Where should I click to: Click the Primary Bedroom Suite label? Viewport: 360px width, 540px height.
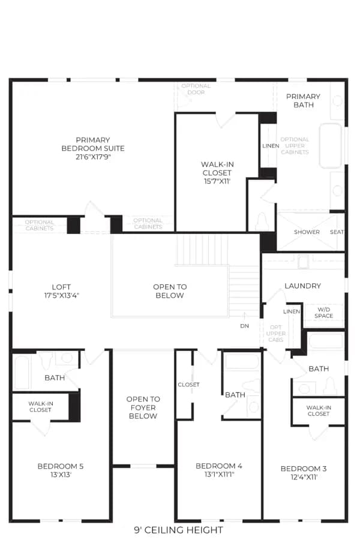93,144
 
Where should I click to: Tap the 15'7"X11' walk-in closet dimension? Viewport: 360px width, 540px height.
217,181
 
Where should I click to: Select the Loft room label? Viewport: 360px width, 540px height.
61,287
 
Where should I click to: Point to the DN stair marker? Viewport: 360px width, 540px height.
245,326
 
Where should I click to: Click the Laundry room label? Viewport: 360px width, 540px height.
303,286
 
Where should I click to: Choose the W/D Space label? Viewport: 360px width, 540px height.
324,313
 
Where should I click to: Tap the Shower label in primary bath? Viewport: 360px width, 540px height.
307,232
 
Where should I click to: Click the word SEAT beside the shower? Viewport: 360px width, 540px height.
337,232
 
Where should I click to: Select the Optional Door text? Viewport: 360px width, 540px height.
196,89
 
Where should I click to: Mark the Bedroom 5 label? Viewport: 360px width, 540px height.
61,466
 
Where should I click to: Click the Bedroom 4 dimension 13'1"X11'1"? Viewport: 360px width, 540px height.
219,474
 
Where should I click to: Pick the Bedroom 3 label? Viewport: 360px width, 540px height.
304,469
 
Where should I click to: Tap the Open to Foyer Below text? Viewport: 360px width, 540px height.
143,407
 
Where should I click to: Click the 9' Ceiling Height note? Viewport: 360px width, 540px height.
178,530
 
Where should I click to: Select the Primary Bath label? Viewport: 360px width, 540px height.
303,101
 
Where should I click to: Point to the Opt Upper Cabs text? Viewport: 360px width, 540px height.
275,334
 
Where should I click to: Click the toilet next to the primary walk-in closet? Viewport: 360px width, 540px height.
261,221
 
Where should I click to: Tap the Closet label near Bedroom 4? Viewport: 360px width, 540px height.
188,385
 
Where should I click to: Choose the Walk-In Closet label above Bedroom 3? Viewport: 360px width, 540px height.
319,410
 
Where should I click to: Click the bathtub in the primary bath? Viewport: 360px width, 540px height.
331,146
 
